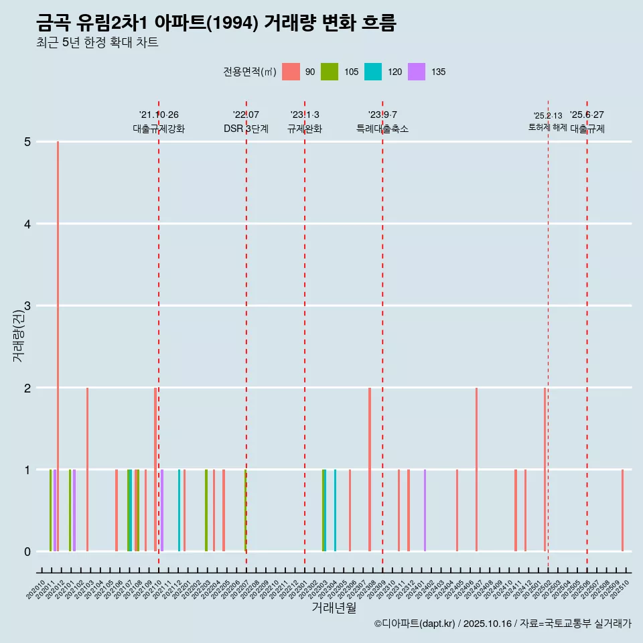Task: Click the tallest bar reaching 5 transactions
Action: [x=58, y=346]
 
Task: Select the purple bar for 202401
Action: [x=425, y=510]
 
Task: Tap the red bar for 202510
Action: [x=622, y=510]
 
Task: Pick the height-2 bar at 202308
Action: [x=370, y=470]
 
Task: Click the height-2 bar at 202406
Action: [x=476, y=470]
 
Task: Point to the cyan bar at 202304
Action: [x=335, y=510]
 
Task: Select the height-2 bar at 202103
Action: [x=87, y=470]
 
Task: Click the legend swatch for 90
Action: [x=291, y=72]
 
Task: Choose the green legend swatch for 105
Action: [x=330, y=72]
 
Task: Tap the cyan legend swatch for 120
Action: [x=373, y=72]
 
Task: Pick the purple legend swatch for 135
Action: [x=417, y=72]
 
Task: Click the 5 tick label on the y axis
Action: [x=27, y=142]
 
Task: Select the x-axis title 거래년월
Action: [x=334, y=608]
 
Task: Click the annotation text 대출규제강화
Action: [x=159, y=129]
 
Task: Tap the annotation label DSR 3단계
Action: [x=246, y=129]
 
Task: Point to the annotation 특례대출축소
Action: [x=382, y=129]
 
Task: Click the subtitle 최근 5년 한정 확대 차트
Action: [x=97, y=43]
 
